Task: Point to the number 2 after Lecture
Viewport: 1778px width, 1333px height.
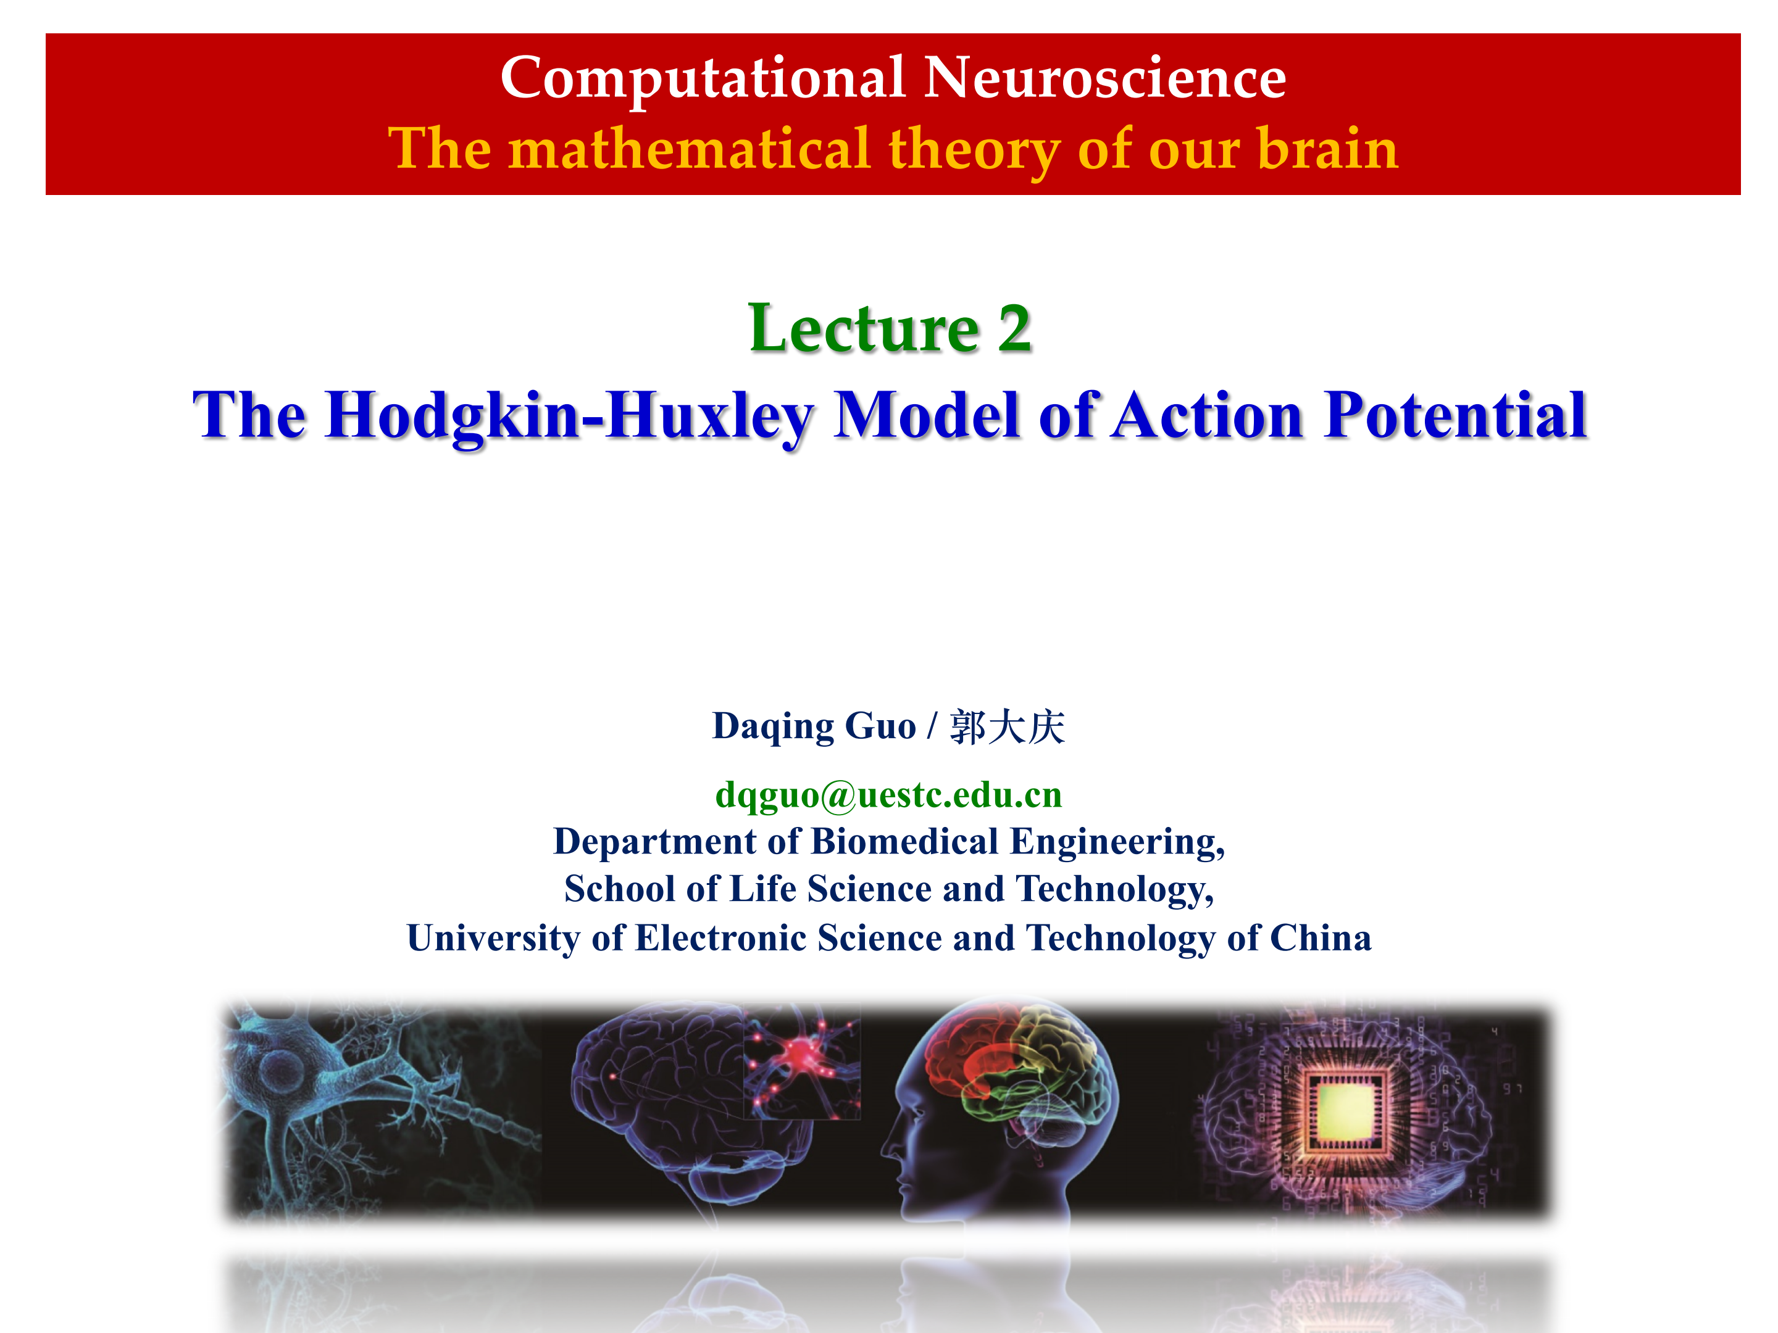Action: [1014, 329]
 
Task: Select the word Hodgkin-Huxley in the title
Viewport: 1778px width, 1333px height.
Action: [569, 416]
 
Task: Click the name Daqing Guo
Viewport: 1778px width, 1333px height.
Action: [814, 727]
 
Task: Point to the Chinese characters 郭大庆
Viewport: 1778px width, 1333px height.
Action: [1007, 727]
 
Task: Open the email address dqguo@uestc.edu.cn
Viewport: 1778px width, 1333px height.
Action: [889, 795]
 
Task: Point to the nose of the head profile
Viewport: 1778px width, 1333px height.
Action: [887, 1147]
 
